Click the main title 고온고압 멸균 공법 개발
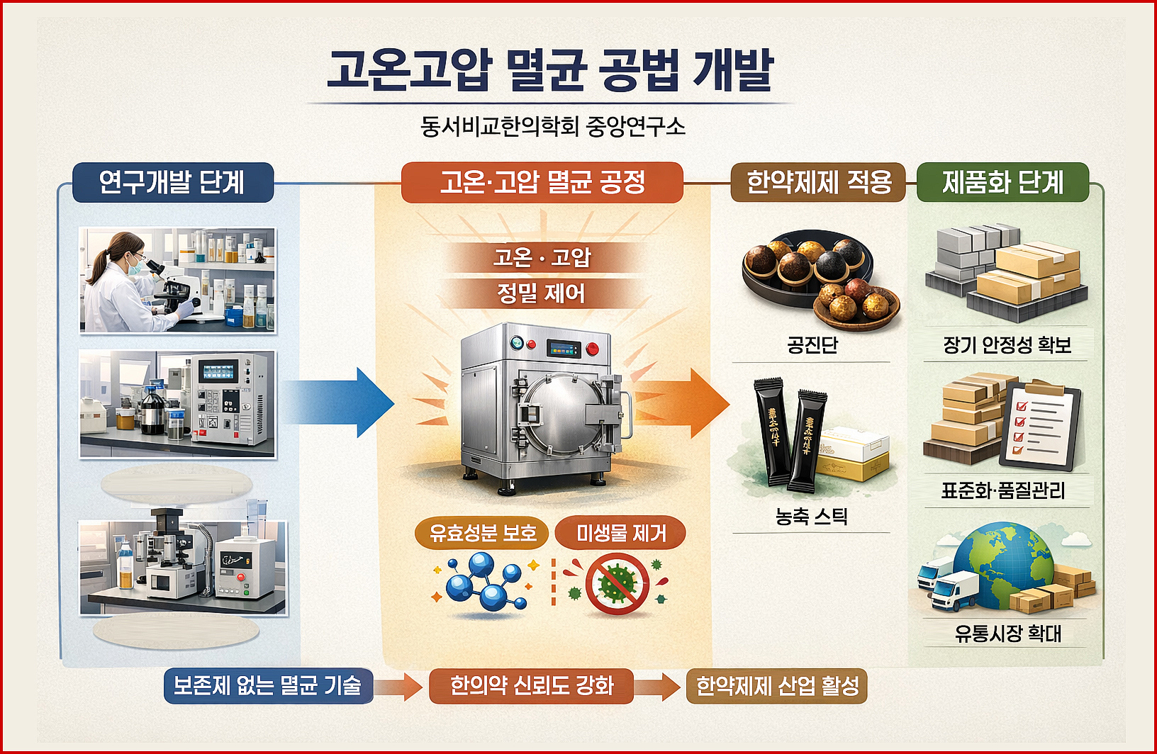pyautogui.click(x=549, y=70)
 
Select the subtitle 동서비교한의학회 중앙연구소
pyautogui.click(x=552, y=127)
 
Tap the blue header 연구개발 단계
pyautogui.click(x=172, y=182)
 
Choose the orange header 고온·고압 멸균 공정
pyautogui.click(x=542, y=182)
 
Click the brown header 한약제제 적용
pyautogui.click(x=818, y=182)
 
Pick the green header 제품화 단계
pyautogui.click(x=1002, y=182)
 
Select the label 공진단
pyautogui.click(x=812, y=345)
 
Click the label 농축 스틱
pyautogui.click(x=811, y=517)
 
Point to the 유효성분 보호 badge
pyautogui.click(x=482, y=533)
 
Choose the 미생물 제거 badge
pyautogui.click(x=620, y=533)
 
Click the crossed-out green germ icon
pyautogui.click(x=616, y=583)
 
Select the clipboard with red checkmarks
pyautogui.click(x=1040, y=425)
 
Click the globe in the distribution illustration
pyautogui.click(x=1002, y=563)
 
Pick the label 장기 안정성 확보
pyautogui.click(x=1006, y=345)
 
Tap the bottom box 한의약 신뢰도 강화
pyautogui.click(x=531, y=685)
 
